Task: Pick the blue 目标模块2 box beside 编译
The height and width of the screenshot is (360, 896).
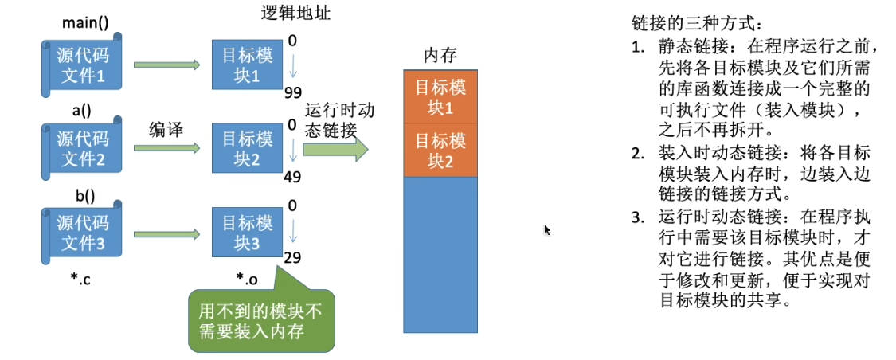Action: pos(247,149)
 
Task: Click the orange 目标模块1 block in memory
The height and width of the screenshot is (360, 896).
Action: pos(440,97)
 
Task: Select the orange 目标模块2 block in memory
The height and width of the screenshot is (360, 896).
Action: pos(440,151)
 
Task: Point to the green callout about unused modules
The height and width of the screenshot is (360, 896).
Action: pos(260,320)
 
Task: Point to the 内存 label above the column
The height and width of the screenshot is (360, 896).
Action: pos(440,56)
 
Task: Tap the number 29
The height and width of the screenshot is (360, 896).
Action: pos(292,258)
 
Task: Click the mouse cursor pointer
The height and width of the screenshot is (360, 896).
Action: pos(547,229)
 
